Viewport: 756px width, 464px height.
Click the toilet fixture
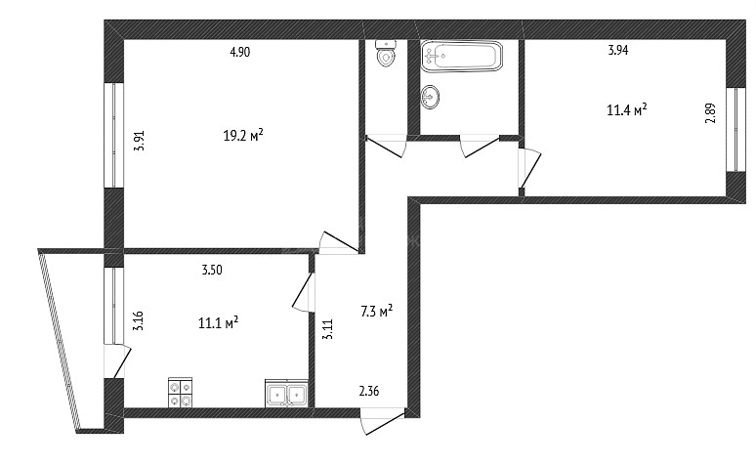[386, 54]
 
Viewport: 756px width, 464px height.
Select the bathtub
[461, 56]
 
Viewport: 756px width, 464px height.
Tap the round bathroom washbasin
[430, 97]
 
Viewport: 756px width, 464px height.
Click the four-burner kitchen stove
[180, 393]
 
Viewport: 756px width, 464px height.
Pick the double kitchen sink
[286, 394]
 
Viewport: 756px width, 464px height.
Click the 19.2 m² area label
[243, 135]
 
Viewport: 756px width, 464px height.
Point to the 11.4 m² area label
[626, 109]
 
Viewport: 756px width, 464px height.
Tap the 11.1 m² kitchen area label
[219, 322]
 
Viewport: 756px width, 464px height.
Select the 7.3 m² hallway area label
[377, 311]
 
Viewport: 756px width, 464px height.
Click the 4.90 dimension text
[239, 52]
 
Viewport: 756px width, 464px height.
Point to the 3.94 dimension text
[617, 50]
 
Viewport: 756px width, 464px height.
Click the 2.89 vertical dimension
[710, 114]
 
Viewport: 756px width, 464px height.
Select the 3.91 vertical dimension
[140, 142]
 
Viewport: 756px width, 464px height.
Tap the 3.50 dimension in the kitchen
[212, 270]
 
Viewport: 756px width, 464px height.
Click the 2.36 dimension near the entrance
[369, 391]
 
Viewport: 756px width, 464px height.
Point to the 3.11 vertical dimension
[328, 329]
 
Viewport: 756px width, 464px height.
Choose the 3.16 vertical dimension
[139, 320]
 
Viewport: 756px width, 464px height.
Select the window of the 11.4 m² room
[736, 129]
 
